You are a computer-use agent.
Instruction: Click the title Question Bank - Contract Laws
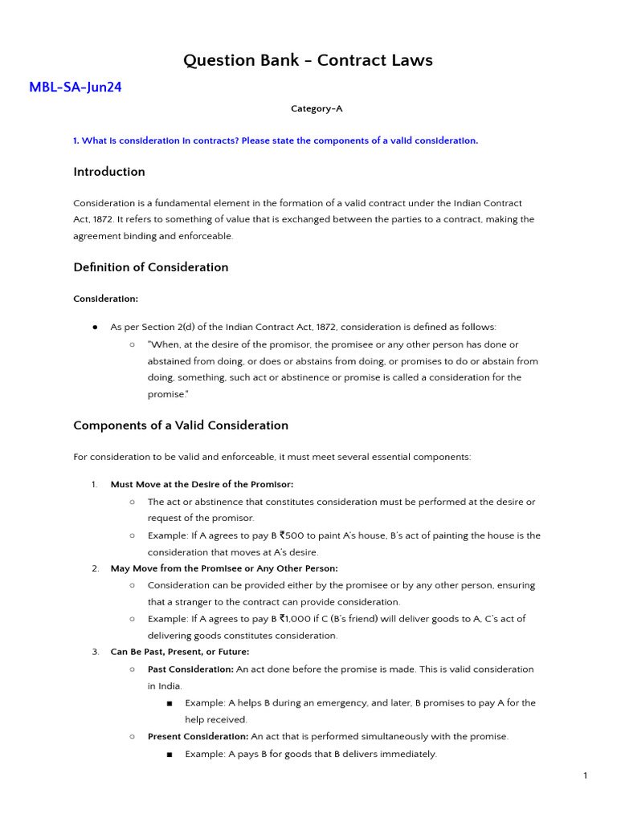[308, 60]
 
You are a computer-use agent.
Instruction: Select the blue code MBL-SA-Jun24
[76, 87]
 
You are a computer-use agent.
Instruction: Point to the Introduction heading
[109, 172]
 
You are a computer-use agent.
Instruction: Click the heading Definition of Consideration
[151, 267]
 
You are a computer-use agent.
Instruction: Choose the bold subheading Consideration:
[106, 299]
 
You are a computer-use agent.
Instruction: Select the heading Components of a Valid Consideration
[181, 425]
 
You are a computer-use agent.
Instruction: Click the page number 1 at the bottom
[586, 775]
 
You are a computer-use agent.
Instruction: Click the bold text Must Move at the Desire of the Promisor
[202, 485]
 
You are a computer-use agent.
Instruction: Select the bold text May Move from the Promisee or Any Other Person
[224, 568]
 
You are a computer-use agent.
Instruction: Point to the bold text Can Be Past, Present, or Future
[180, 652]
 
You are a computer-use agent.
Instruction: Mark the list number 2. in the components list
[95, 568]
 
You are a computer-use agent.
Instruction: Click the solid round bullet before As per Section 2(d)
[95, 328]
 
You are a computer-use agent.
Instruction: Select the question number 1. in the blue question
[76, 140]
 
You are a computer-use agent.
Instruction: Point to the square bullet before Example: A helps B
[170, 703]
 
